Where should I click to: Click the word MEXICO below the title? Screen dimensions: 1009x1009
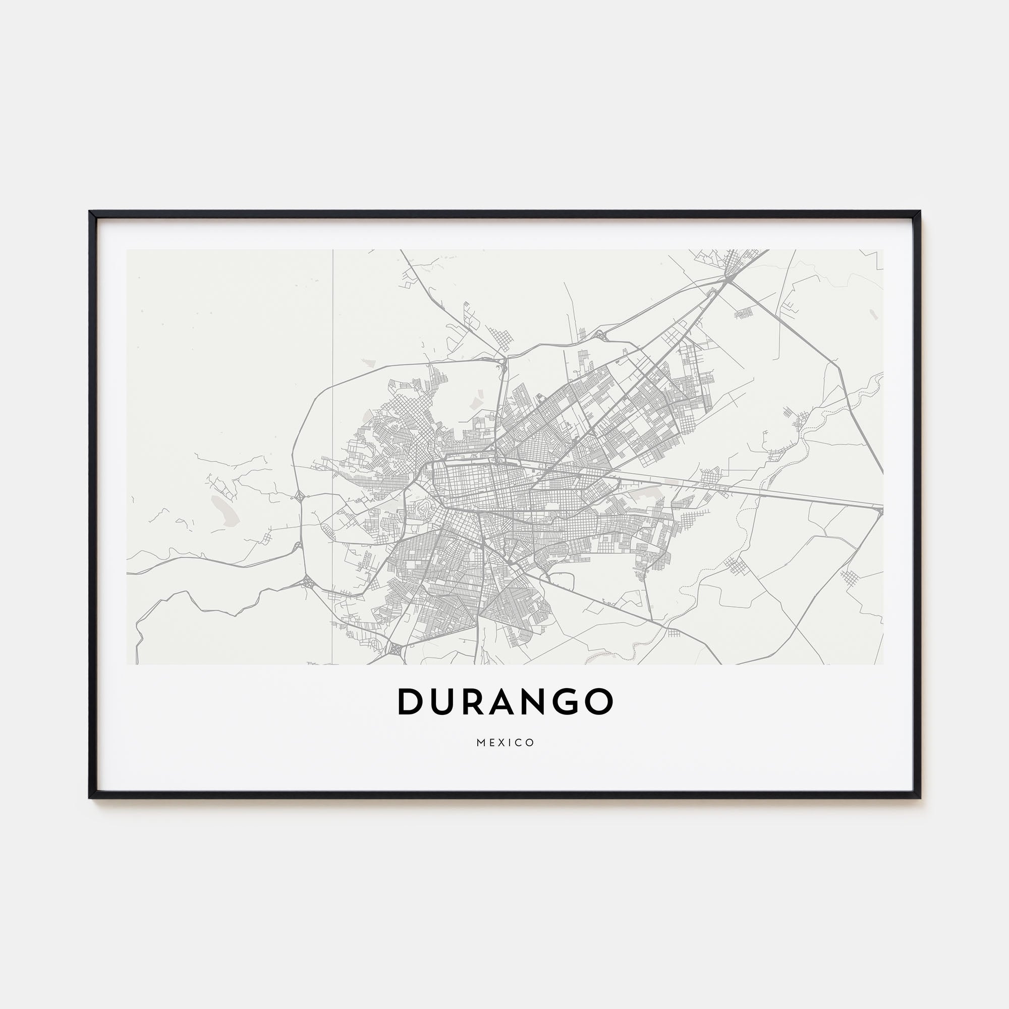(505, 743)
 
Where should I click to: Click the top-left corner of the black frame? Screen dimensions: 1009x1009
(91, 212)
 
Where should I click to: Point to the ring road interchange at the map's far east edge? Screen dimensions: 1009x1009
(880, 511)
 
